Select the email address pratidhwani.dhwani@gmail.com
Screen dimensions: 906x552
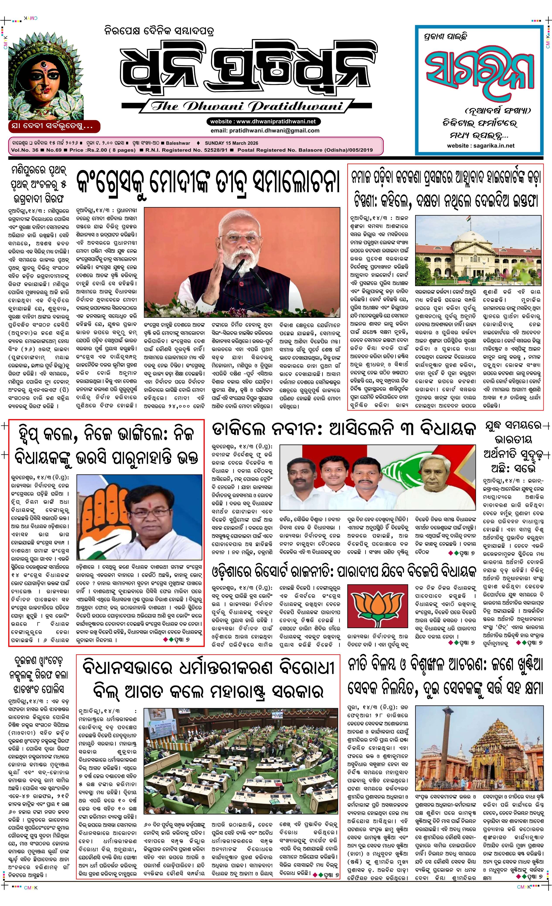tap(265, 130)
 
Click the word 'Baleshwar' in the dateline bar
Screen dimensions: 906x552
tap(178, 143)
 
